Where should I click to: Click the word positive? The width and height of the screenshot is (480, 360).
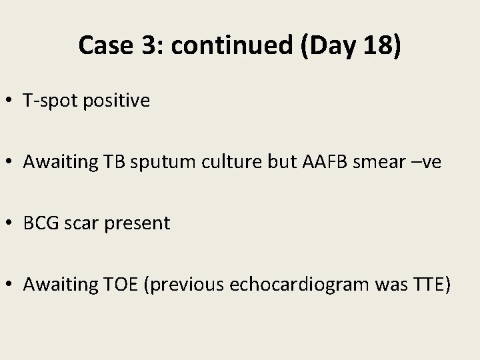tap(117, 101)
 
